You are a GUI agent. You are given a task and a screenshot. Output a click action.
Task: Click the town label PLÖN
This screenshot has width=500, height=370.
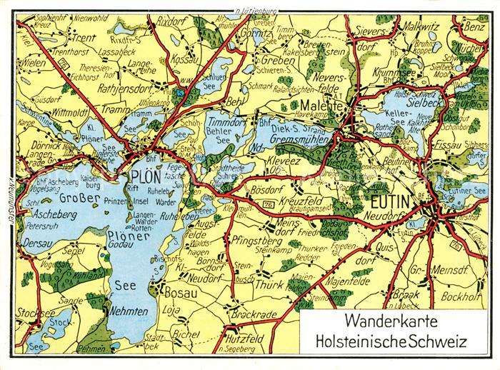[x=146, y=176]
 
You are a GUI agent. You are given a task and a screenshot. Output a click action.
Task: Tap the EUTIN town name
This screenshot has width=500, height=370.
[x=389, y=201]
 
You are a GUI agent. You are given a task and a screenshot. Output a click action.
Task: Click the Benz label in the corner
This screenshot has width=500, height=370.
[x=474, y=26]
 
